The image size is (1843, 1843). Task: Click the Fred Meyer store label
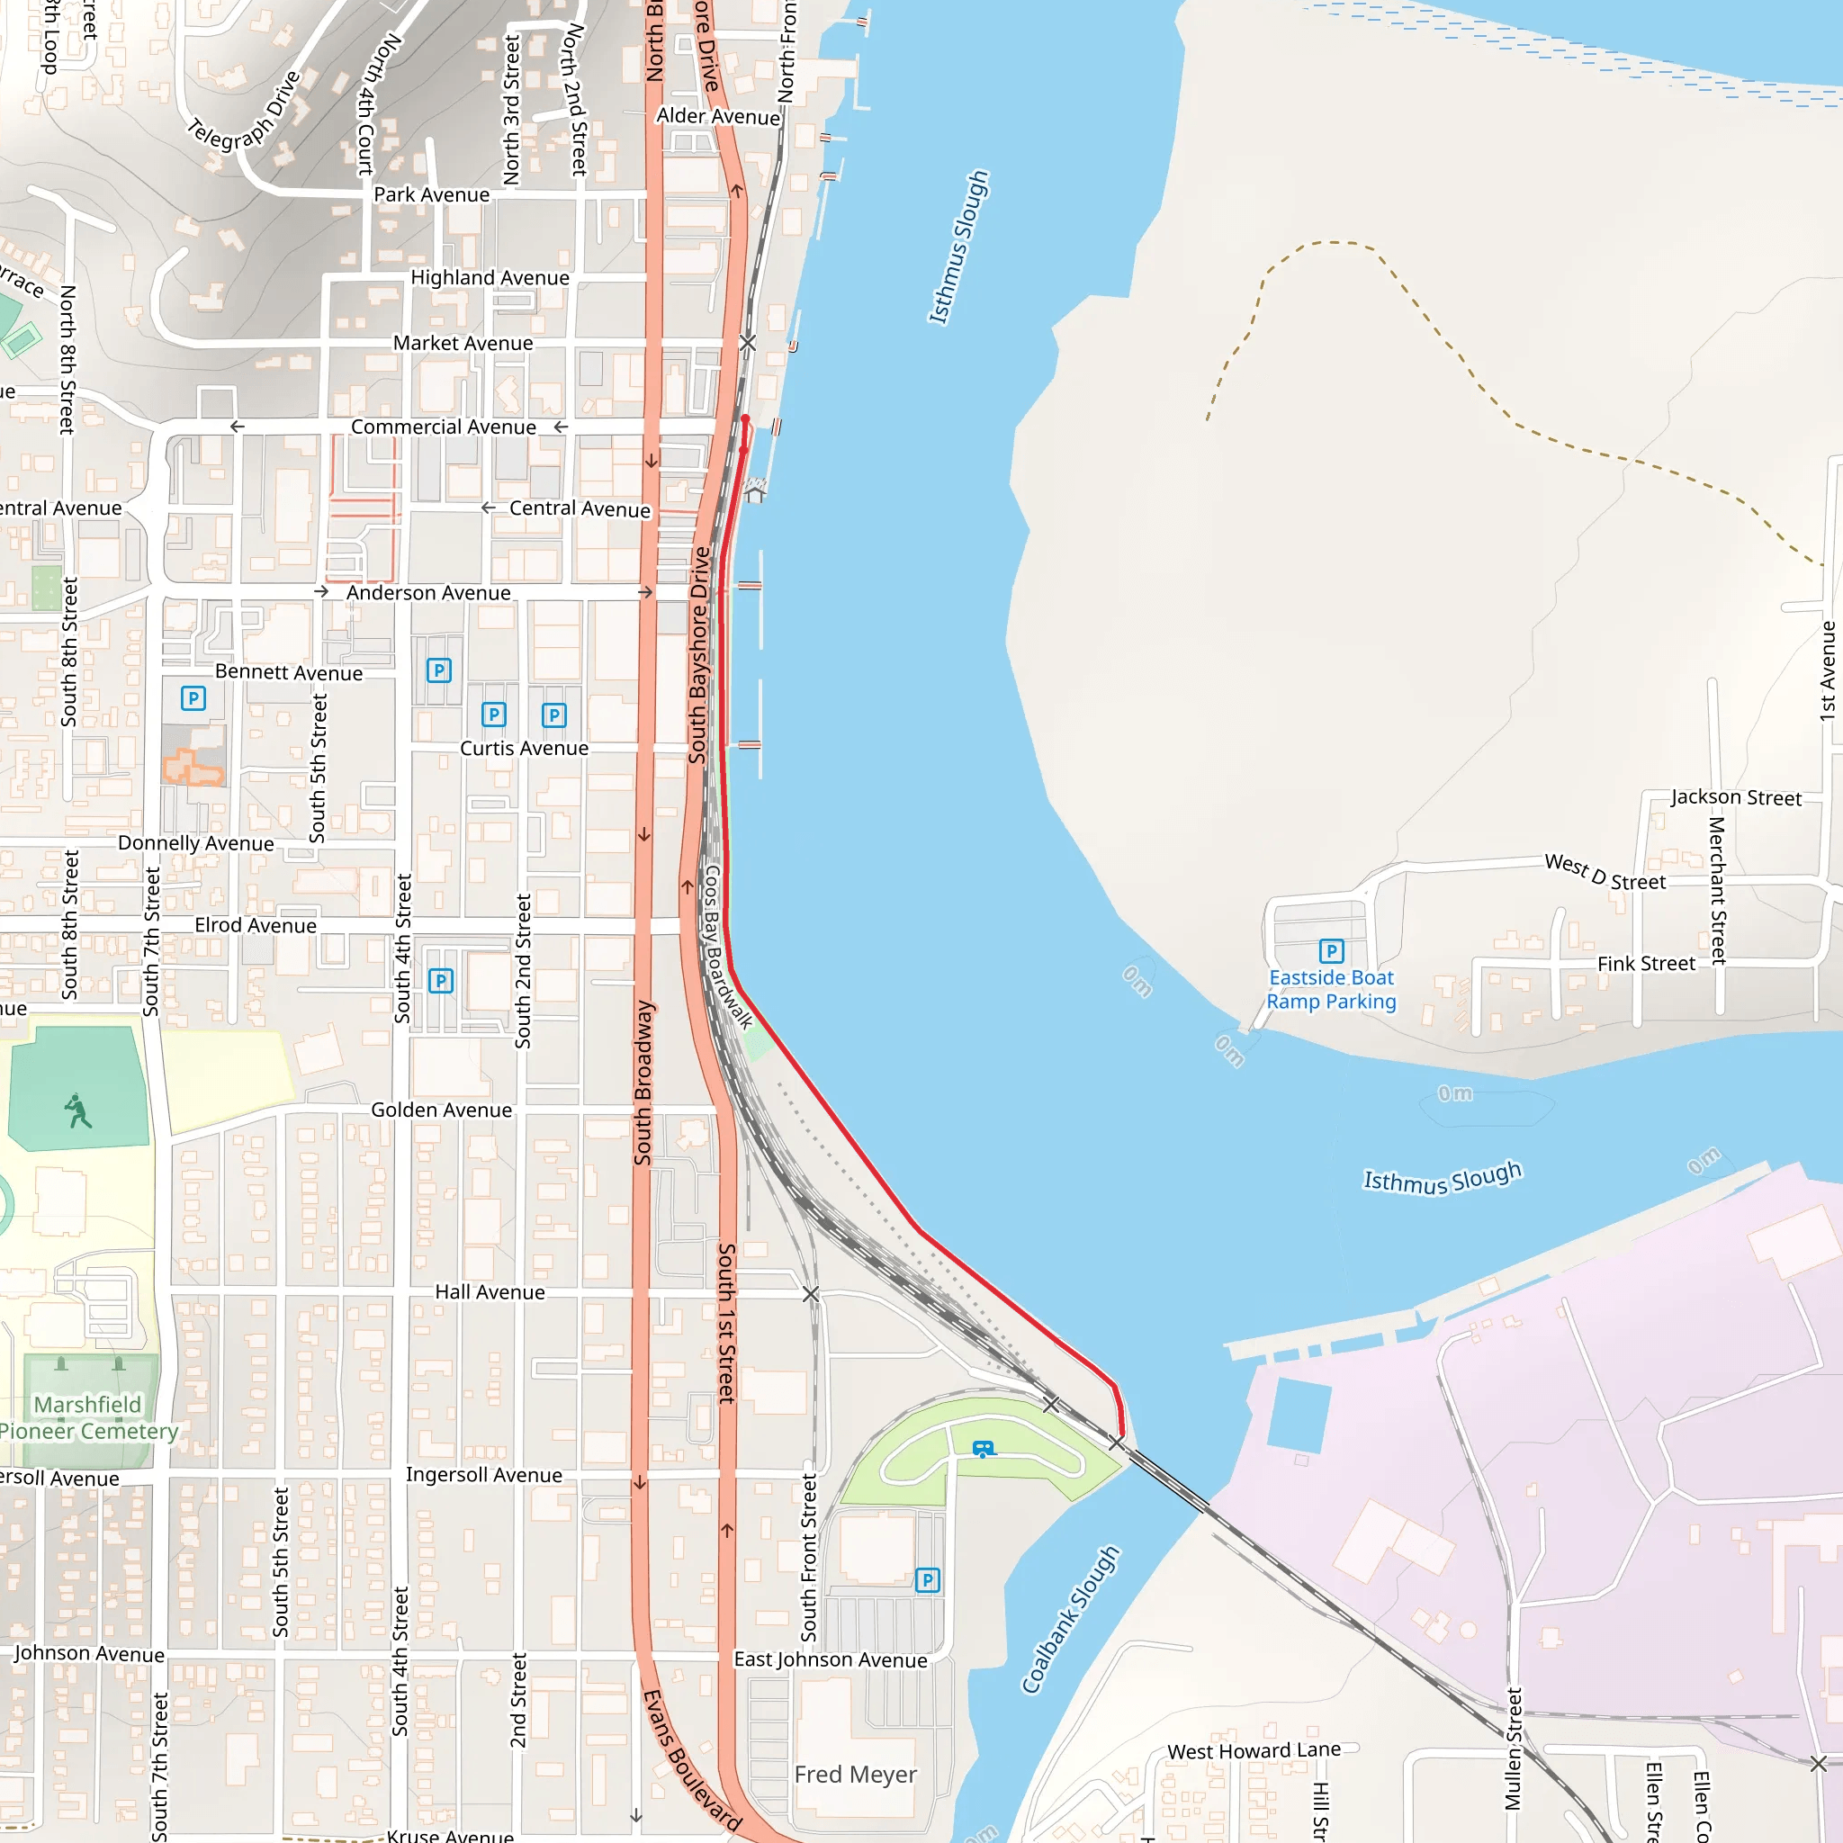tap(855, 1775)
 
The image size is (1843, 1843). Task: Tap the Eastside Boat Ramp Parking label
tap(1331, 989)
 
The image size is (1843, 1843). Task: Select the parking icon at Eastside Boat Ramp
tap(1331, 950)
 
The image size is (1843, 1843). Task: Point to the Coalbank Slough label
tap(1069, 1619)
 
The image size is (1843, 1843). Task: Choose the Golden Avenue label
tap(441, 1110)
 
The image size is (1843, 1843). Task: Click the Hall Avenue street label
tap(490, 1291)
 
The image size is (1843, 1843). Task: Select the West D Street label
tap(1605, 872)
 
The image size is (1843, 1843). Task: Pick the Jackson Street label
tap(1735, 796)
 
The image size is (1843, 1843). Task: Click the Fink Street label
tap(1646, 964)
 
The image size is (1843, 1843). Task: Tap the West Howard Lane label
tap(1254, 1750)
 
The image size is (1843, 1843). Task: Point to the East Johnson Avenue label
tap(830, 1659)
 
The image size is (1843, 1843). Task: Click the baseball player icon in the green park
tap(78, 1111)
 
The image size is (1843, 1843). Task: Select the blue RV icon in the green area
tap(983, 1449)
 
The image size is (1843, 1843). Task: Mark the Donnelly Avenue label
tap(195, 843)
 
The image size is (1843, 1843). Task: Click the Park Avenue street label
tap(431, 194)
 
